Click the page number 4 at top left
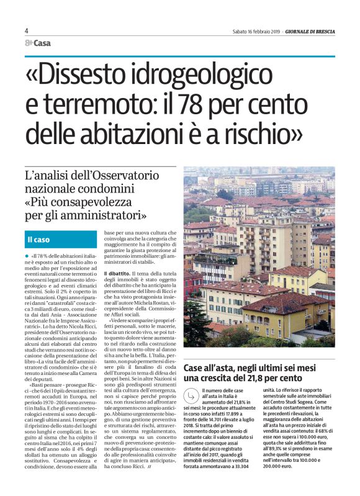(27, 30)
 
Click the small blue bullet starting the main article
(27, 255)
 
